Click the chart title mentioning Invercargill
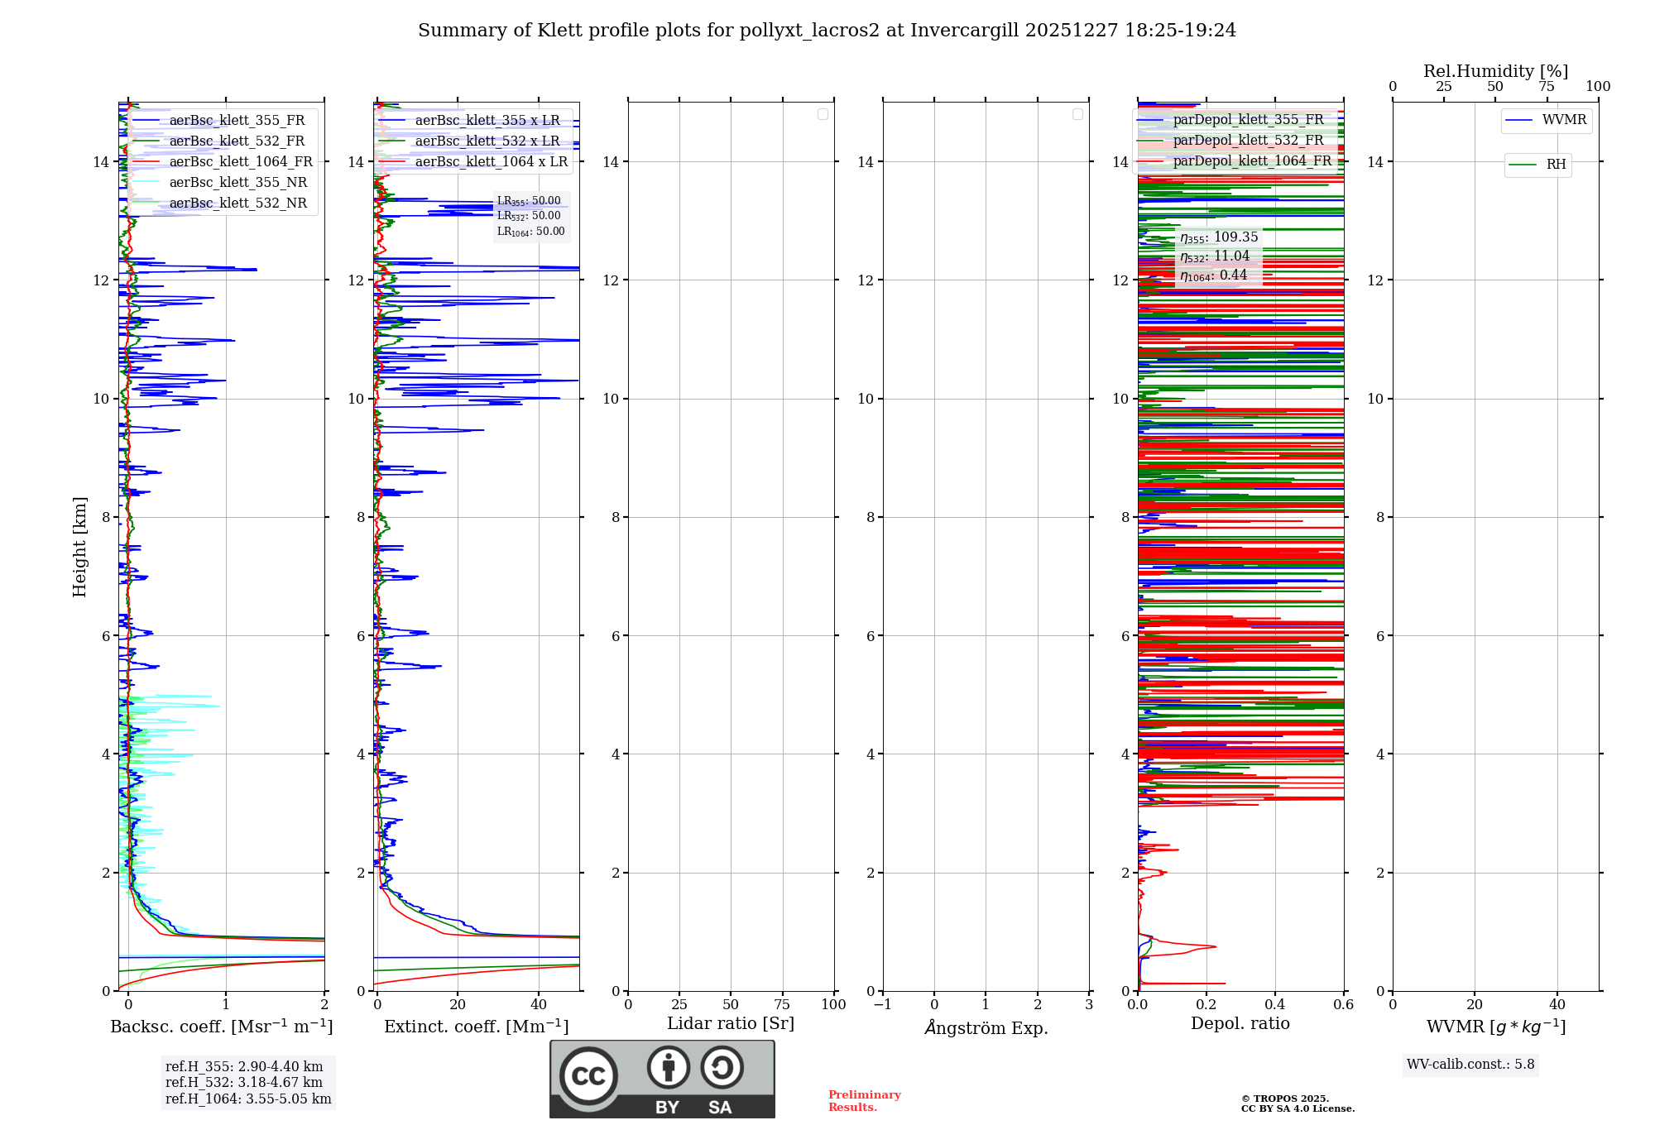[x=827, y=31]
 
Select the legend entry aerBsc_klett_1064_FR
[x=240, y=162]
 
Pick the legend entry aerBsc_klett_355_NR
[x=237, y=183]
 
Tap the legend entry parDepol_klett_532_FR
[x=1248, y=141]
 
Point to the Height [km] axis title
[x=79, y=547]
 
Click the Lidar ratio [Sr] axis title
[x=731, y=1024]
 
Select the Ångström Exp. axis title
[x=986, y=1027]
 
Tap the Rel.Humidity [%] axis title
[x=1495, y=71]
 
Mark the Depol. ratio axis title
[x=1240, y=1024]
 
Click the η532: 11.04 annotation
[x=1215, y=256]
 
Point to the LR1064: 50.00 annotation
[x=531, y=232]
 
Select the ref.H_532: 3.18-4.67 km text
[x=244, y=1083]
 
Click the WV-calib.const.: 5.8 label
[x=1470, y=1065]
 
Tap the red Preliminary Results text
[x=864, y=1101]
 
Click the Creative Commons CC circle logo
[x=588, y=1076]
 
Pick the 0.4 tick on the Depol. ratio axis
[x=1275, y=1005]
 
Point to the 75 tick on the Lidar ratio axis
[x=782, y=1005]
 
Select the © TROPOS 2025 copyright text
[x=1284, y=1099]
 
